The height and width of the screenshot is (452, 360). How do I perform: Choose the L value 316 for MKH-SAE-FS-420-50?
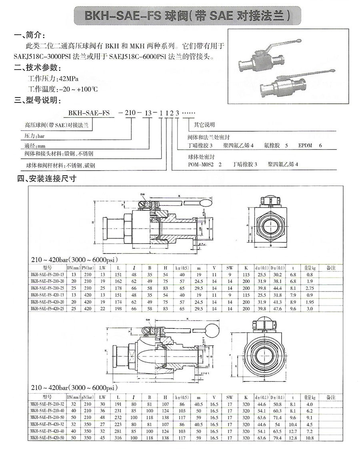click(118, 438)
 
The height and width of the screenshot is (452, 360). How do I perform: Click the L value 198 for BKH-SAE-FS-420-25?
click(118, 309)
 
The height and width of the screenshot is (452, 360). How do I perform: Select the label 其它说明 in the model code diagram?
click(204, 124)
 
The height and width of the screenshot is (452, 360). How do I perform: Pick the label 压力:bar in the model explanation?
click(34, 136)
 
